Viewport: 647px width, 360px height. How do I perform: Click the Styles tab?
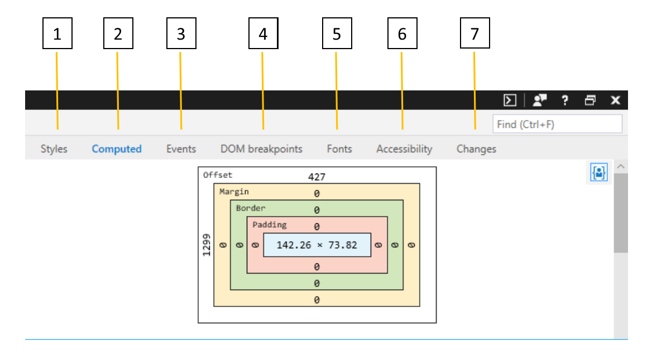[x=54, y=149]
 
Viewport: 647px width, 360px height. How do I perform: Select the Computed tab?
[x=117, y=149]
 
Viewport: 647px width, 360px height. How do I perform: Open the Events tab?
[x=181, y=149]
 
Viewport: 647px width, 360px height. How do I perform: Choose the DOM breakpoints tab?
[x=261, y=149]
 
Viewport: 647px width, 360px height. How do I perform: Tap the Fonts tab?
[x=339, y=149]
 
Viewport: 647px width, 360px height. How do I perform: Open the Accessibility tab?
[x=404, y=149]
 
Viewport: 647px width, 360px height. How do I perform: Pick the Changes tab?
[x=476, y=149]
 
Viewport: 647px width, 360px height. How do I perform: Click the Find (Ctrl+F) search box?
[x=557, y=124]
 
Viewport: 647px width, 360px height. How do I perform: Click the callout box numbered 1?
[x=57, y=33]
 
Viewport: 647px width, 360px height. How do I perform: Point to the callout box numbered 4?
[x=263, y=33]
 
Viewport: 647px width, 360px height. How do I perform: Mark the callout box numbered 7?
[x=475, y=33]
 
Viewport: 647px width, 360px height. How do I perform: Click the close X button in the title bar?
[x=615, y=100]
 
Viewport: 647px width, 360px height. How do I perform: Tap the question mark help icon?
[x=565, y=100]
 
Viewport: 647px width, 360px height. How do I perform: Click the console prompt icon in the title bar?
[x=510, y=100]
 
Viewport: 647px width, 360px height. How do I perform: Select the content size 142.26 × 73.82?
[x=317, y=245]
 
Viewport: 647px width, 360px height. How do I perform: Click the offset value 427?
[x=317, y=177]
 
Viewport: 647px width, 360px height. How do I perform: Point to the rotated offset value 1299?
[x=207, y=245]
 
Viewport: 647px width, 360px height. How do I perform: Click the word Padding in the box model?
[x=270, y=225]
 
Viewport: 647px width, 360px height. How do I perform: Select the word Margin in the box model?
[x=234, y=191]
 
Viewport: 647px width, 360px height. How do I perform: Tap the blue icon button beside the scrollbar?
[x=599, y=172]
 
